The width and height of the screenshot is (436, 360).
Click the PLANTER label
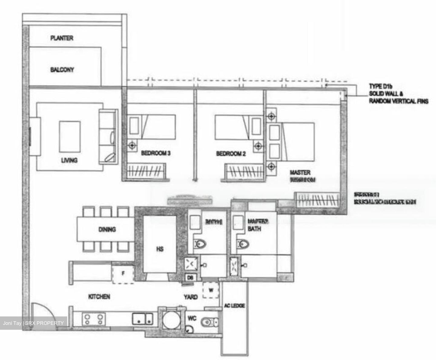coord(62,38)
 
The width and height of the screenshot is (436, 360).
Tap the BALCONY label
coord(62,70)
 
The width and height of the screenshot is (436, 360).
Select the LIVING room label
coord(69,160)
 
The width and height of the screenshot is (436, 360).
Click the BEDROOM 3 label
coord(156,153)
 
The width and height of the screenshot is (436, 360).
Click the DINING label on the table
coord(107,229)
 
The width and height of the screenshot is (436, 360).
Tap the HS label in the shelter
coord(160,249)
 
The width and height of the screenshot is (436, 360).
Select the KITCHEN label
coord(99,297)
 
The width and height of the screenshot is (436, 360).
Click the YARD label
coord(191,297)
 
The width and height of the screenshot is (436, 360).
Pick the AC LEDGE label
coord(234,306)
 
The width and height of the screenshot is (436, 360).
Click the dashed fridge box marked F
coord(123,274)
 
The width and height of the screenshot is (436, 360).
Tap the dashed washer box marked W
coord(211,290)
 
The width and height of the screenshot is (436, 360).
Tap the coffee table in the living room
coord(70,136)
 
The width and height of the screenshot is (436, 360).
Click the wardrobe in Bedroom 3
coord(146,171)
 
